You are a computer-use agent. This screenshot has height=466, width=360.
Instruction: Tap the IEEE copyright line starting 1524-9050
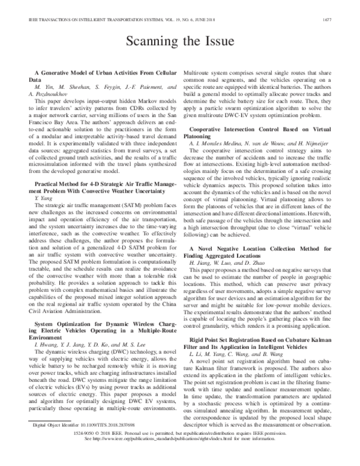179,450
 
